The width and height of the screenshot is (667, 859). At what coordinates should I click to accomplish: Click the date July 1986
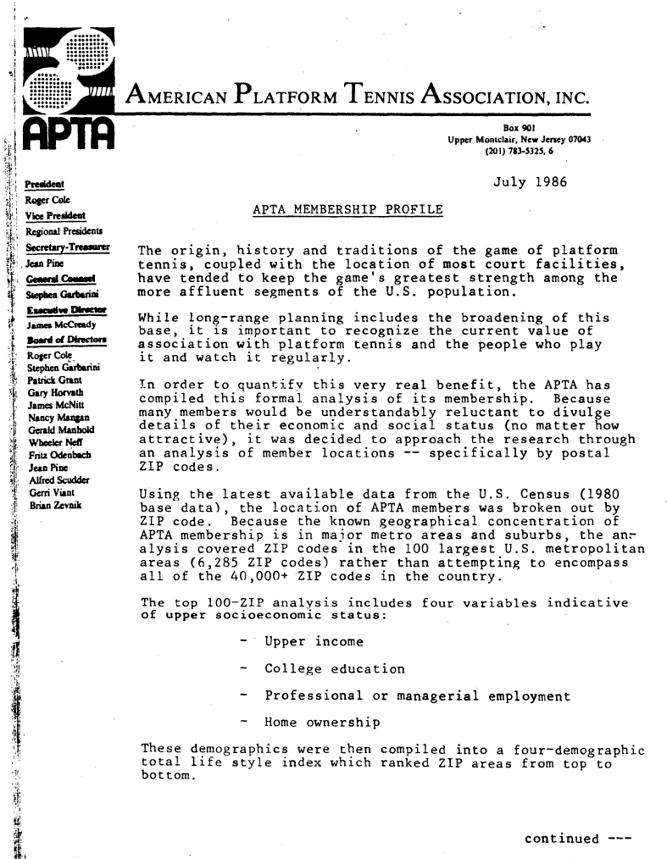[524, 182]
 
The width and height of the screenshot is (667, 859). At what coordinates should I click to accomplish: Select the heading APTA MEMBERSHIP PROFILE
[347, 208]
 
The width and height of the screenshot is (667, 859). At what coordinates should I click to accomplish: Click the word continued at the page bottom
[562, 839]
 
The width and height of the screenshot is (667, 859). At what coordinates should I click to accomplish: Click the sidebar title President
[41, 182]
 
